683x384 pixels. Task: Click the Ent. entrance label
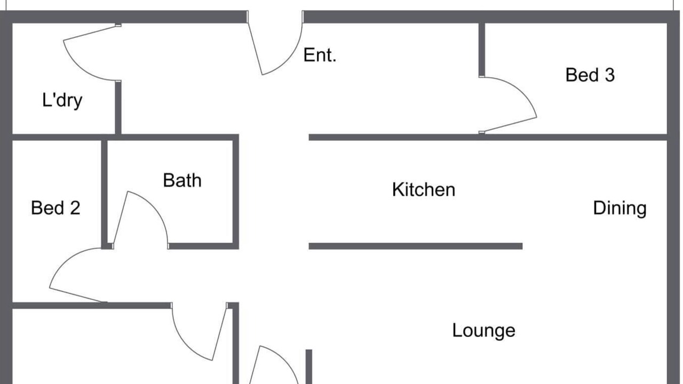click(x=320, y=55)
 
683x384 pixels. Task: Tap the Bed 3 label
click(x=590, y=75)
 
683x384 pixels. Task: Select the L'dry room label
click(x=62, y=100)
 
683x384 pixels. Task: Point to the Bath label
click(x=182, y=180)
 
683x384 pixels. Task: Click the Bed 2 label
click(x=55, y=208)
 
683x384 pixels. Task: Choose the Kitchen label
click(x=424, y=189)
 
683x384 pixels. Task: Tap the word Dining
click(x=620, y=209)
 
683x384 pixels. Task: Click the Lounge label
click(x=483, y=330)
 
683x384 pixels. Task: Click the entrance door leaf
click(x=255, y=48)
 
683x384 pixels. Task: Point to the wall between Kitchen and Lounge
click(x=416, y=246)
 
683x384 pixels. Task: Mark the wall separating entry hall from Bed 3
click(x=482, y=50)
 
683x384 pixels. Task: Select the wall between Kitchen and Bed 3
click(x=488, y=137)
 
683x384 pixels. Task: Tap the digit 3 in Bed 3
click(x=610, y=75)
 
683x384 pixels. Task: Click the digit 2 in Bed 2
click(x=75, y=208)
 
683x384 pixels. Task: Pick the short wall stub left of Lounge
click(x=308, y=366)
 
